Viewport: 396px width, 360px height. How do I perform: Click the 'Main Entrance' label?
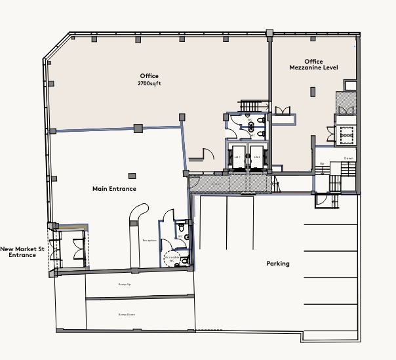(x=114, y=189)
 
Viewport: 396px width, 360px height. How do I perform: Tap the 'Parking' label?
(x=277, y=264)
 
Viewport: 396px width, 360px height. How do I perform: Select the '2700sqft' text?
(x=149, y=84)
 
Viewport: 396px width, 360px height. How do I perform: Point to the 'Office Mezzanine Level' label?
(x=313, y=65)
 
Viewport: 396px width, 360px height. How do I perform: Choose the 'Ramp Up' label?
(x=125, y=285)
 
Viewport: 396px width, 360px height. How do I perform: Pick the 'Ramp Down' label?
(x=127, y=315)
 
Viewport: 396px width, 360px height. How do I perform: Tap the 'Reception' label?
(x=149, y=241)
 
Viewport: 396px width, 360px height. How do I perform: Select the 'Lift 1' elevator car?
(x=239, y=158)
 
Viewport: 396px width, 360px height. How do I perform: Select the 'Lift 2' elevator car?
(x=257, y=158)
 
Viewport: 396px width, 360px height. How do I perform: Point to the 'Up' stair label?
(x=322, y=163)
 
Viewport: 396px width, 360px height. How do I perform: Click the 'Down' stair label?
(x=348, y=158)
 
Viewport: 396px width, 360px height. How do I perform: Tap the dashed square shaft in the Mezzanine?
(x=346, y=135)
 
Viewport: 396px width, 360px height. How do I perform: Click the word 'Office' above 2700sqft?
(x=149, y=76)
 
